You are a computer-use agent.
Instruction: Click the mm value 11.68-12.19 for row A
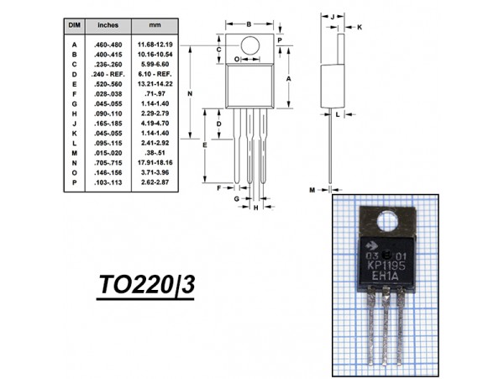[155, 44]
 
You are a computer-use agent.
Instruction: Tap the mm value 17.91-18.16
[155, 162]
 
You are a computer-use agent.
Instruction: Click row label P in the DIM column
[74, 182]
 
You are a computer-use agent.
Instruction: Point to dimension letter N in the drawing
[191, 94]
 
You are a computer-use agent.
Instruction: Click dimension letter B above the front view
[249, 24]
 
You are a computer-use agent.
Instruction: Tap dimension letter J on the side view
[333, 16]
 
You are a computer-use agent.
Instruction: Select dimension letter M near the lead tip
[312, 191]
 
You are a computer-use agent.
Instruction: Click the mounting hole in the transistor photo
[389, 223]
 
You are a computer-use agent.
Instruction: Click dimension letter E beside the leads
[205, 146]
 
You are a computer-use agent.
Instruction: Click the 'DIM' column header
[74, 27]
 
